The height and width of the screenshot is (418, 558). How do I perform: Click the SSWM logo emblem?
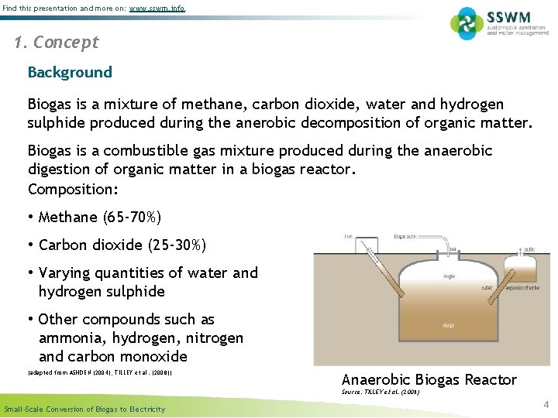(x=467, y=22)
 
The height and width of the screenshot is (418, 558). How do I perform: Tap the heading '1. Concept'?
(x=57, y=43)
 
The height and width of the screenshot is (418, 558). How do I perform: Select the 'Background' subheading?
(x=70, y=72)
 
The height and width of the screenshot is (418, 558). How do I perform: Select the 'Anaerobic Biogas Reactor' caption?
(x=429, y=379)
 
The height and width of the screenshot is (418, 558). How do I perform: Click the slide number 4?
(x=546, y=404)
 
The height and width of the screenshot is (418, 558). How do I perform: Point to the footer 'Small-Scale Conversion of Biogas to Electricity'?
(x=84, y=409)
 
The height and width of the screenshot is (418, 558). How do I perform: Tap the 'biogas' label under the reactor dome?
(x=428, y=276)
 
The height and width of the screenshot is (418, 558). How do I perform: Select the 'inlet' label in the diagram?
(x=349, y=236)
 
